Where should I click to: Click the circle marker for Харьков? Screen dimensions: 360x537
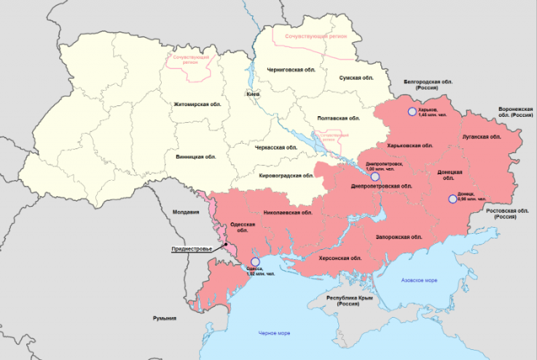(x=411, y=111)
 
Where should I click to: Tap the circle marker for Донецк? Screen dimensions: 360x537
(x=452, y=198)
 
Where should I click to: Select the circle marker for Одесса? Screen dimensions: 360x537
(x=254, y=262)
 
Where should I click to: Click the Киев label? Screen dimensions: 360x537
(x=253, y=95)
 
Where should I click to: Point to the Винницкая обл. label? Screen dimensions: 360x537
(x=193, y=156)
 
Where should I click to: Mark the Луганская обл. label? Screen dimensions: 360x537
(x=481, y=136)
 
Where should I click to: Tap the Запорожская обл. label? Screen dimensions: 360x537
(x=399, y=236)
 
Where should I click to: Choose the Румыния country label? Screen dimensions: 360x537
(x=164, y=318)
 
